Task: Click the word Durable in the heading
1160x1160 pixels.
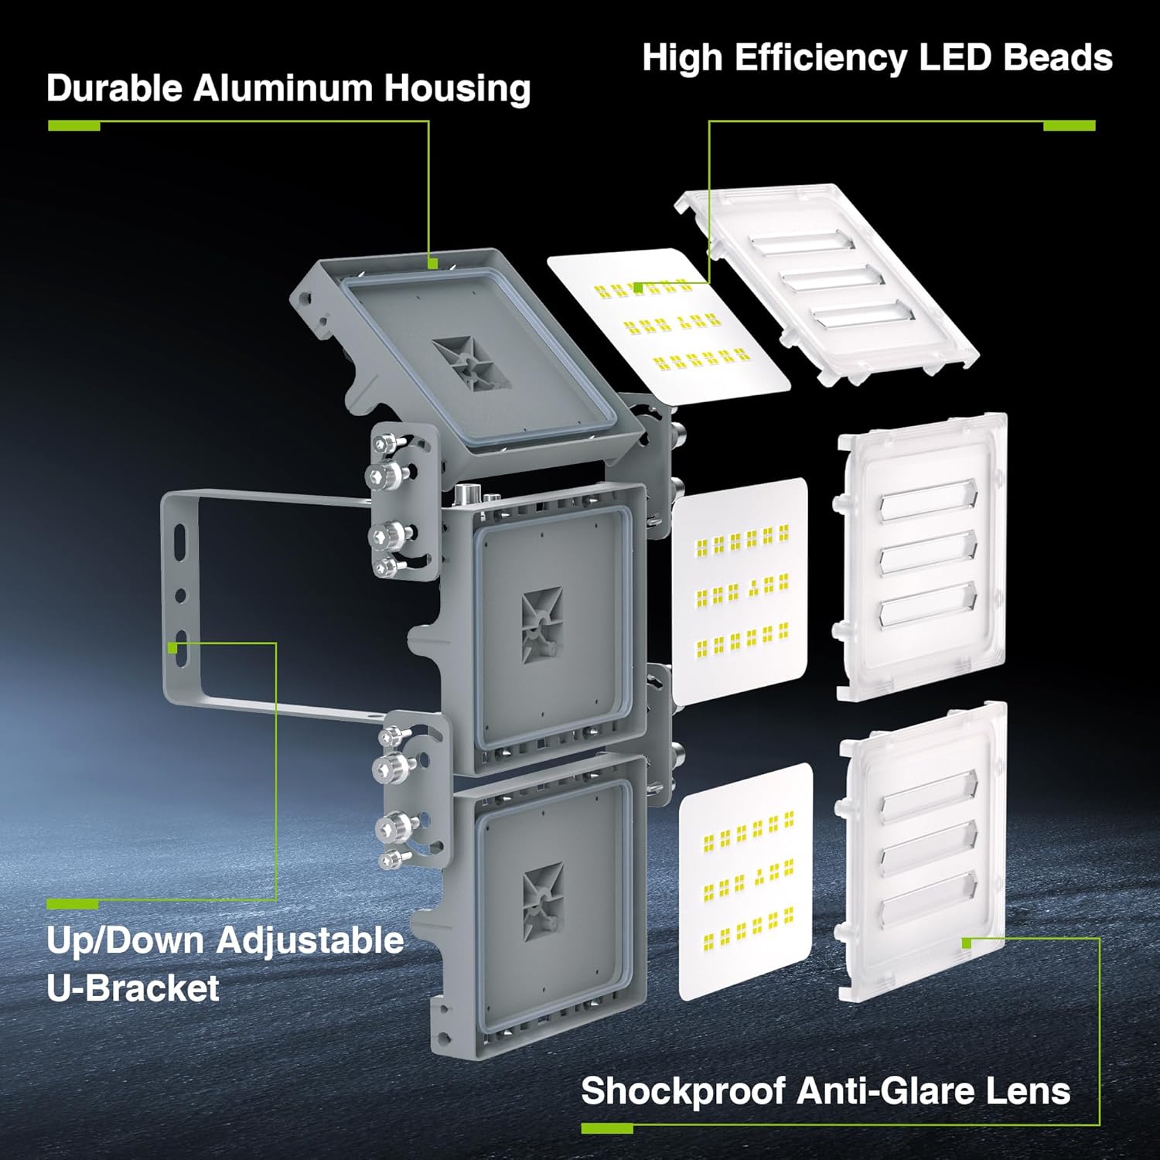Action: point(115,88)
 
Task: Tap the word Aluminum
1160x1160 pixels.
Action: point(284,88)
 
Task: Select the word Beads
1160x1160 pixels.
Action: point(1058,58)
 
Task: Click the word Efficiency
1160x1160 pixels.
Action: point(821,59)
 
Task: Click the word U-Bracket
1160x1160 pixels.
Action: point(133,988)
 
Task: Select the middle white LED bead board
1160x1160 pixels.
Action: point(740,592)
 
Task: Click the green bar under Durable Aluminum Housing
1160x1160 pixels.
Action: point(74,126)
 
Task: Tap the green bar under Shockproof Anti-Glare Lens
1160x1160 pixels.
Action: point(607,1129)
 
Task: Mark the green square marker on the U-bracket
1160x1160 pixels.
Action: point(172,647)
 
